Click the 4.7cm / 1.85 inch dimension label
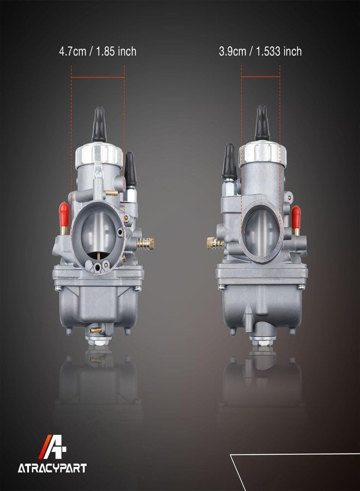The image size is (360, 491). click(98, 51)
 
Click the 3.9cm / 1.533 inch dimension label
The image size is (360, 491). click(260, 51)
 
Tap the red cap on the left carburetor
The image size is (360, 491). click(64, 215)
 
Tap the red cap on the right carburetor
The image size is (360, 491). click(296, 217)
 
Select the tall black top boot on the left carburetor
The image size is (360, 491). click(99, 124)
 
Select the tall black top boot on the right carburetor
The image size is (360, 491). click(262, 123)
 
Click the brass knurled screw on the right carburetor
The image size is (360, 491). click(214, 243)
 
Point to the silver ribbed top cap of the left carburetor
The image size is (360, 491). click(99, 155)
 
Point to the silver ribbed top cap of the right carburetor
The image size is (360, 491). click(263, 153)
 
